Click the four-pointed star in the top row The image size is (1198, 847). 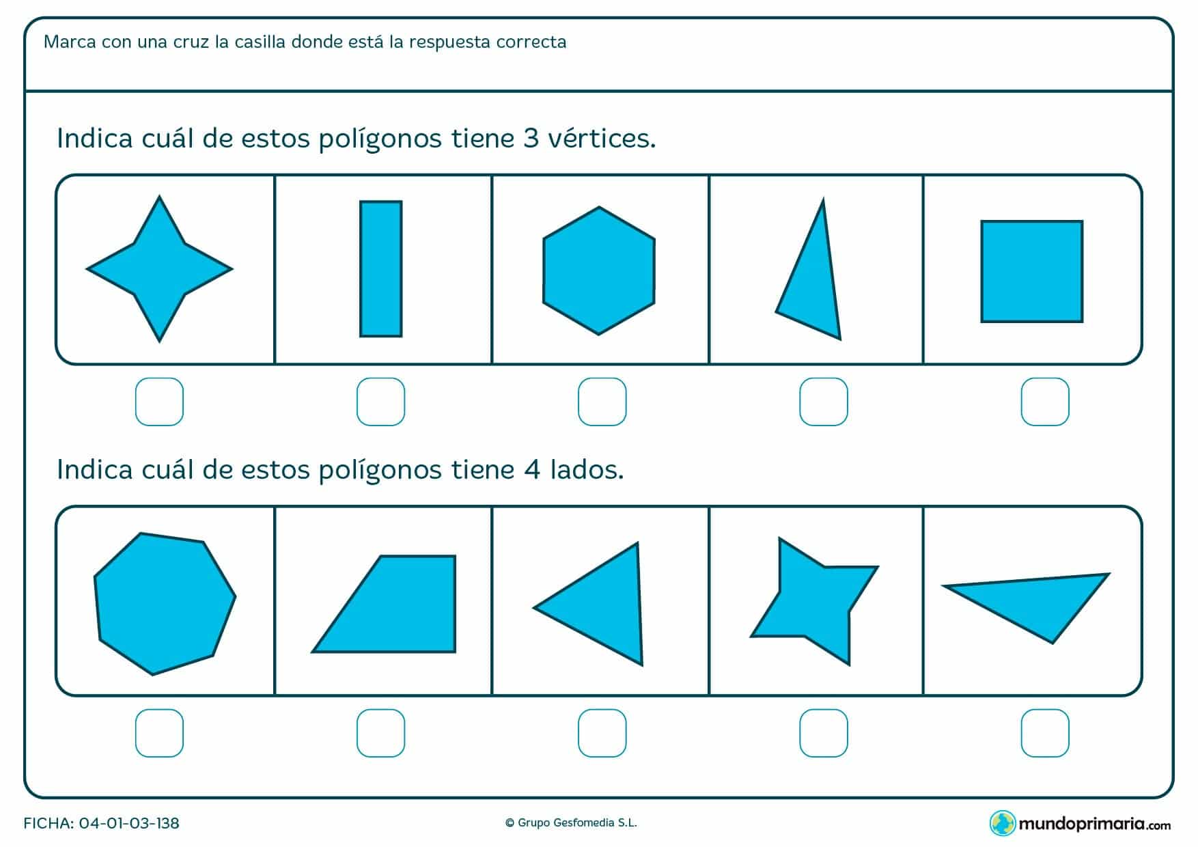(159, 268)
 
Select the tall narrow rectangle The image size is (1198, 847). (381, 268)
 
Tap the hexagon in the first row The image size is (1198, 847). (599, 270)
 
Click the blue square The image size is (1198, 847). (1032, 271)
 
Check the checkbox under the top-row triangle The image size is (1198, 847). (823, 402)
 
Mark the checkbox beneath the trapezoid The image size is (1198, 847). (380, 733)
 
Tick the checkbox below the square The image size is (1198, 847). (1044, 402)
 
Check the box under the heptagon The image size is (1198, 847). (159, 733)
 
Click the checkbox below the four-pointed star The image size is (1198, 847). (159, 402)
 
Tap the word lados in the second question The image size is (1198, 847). (586, 470)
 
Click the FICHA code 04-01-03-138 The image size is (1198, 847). (129, 823)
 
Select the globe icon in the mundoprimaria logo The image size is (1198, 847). (1002, 823)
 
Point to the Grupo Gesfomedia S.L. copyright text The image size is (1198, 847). (571, 823)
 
